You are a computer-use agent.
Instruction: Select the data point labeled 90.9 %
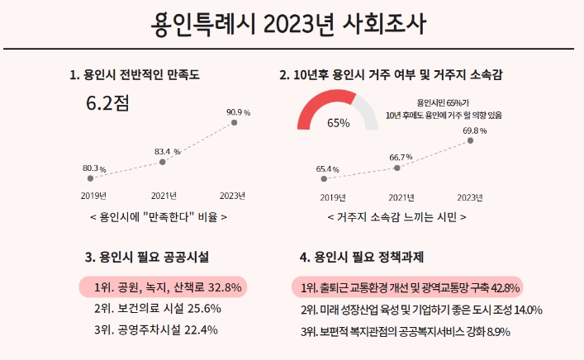[x=234, y=122]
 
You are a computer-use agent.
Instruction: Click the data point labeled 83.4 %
[x=162, y=162]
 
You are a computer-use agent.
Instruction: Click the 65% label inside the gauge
[x=339, y=123]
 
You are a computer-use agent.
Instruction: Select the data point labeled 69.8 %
[x=471, y=140]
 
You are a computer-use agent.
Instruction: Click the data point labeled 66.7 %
[x=398, y=168]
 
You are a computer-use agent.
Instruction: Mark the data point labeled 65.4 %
[x=325, y=178]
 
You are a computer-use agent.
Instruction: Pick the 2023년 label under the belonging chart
[x=470, y=197]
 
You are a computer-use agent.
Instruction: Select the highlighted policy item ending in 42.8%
[x=408, y=287]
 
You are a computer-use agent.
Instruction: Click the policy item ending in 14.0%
[x=421, y=310]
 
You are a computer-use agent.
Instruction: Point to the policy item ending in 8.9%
[x=405, y=331]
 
